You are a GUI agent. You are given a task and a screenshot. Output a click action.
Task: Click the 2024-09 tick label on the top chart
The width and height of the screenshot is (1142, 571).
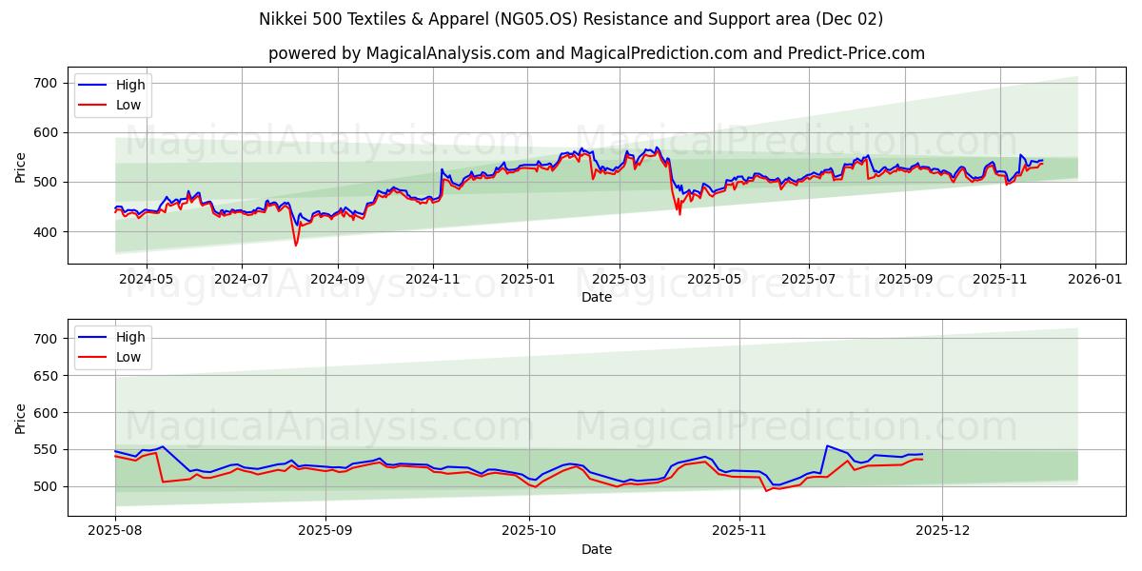pyautogui.click(x=338, y=280)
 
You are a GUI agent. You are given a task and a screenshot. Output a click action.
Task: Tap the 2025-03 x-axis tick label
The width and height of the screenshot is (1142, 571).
pyautogui.click(x=620, y=280)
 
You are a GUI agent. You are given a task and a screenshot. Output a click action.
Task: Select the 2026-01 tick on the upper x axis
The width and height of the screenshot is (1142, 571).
pyautogui.click(x=1094, y=280)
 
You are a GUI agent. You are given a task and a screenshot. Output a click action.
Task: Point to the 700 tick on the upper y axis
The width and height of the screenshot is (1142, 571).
pyautogui.click(x=46, y=84)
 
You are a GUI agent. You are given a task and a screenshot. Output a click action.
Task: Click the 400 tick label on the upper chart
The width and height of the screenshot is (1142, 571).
pyautogui.click(x=46, y=232)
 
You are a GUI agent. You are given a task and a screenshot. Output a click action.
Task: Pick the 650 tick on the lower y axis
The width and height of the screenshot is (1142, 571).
pyautogui.click(x=46, y=376)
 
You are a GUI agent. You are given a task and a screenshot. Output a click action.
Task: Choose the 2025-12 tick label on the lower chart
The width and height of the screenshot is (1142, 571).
pyautogui.click(x=942, y=532)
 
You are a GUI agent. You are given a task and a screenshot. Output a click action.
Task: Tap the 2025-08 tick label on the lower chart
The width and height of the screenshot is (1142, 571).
pyautogui.click(x=114, y=532)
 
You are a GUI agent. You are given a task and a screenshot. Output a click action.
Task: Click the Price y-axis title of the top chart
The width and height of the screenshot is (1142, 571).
pyautogui.click(x=20, y=167)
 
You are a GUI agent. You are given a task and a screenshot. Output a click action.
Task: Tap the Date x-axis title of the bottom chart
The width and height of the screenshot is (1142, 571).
pyautogui.click(x=597, y=549)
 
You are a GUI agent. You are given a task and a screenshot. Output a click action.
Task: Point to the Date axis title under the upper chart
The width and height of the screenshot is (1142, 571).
pyautogui.click(x=597, y=297)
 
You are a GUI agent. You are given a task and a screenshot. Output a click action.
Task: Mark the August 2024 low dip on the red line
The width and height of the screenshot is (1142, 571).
pyautogui.click(x=296, y=246)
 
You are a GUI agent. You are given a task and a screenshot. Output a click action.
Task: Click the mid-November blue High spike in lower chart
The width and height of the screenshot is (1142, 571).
pyautogui.click(x=827, y=445)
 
